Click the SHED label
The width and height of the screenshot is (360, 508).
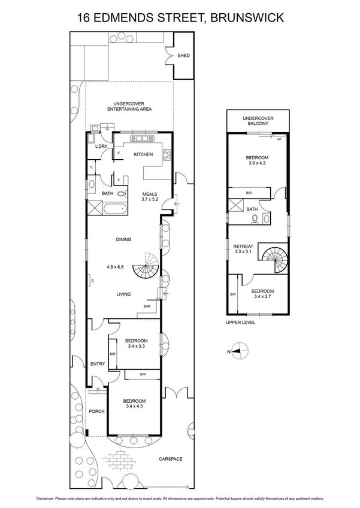click(183, 56)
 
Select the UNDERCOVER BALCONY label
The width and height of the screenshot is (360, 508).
click(258, 121)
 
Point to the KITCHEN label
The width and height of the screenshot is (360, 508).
click(143, 154)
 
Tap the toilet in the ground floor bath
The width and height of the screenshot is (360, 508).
click(122, 194)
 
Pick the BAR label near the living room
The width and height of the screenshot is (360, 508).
click(147, 306)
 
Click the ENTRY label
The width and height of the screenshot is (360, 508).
click(97, 364)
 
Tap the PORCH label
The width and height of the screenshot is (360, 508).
click(96, 411)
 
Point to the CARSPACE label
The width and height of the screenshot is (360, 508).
click(170, 459)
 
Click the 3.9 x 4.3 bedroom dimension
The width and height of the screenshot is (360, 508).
click(258, 163)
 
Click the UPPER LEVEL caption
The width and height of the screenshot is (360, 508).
click(241, 322)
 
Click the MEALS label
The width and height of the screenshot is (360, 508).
click(149, 194)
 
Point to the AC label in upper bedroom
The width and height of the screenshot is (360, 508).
click(279, 139)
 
